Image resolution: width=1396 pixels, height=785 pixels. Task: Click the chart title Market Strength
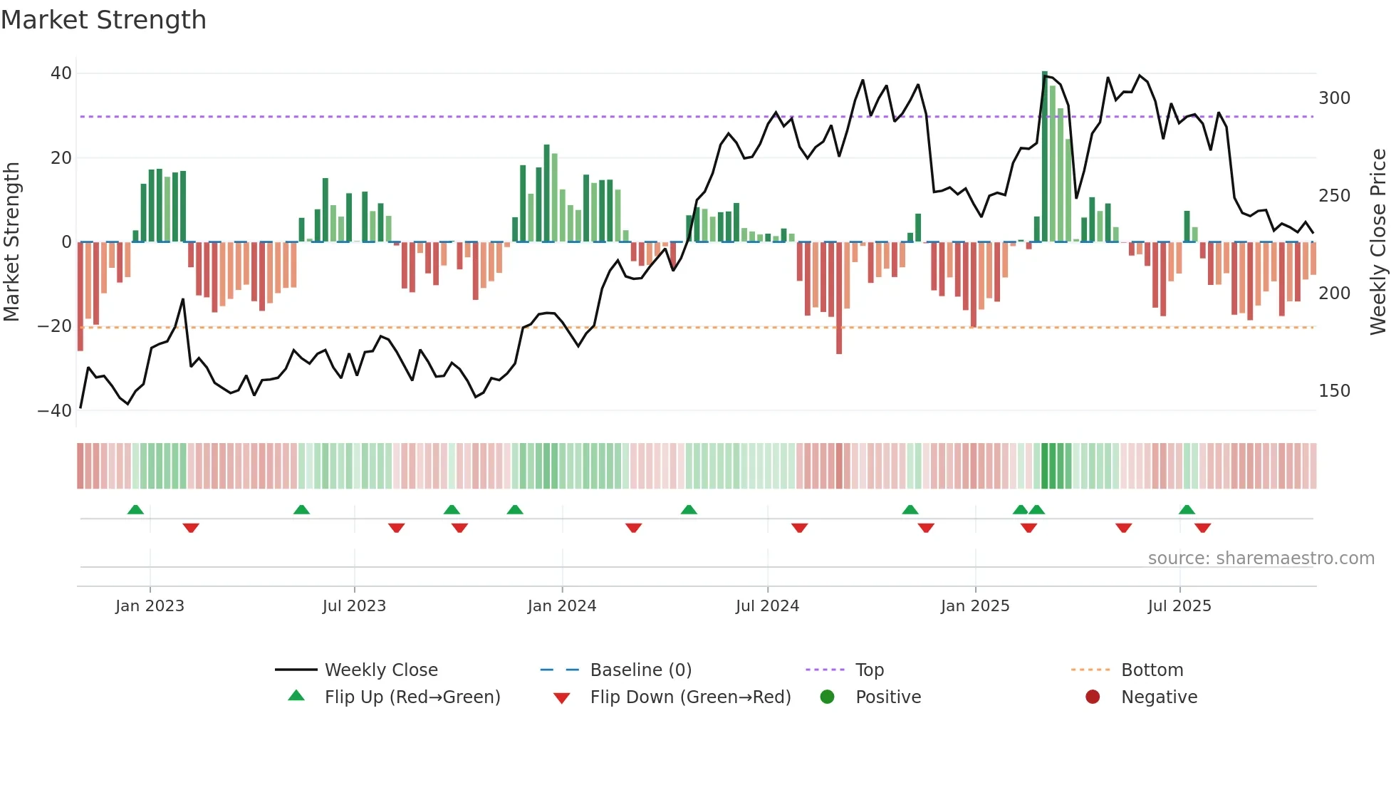pyautogui.click(x=103, y=20)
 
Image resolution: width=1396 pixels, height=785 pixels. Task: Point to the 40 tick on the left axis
pyautogui.click(x=61, y=73)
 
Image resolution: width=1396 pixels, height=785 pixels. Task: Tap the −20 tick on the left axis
pyautogui.click(x=55, y=326)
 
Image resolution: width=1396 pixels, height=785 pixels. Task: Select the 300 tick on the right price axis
pyautogui.click(x=1334, y=98)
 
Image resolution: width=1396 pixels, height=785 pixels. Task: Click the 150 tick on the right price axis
pyautogui.click(x=1334, y=391)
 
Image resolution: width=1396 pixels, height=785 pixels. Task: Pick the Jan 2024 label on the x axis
pyautogui.click(x=562, y=606)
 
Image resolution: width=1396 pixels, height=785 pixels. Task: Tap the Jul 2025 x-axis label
pyautogui.click(x=1179, y=606)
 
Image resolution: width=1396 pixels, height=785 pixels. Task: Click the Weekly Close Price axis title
pyautogui.click(x=1378, y=242)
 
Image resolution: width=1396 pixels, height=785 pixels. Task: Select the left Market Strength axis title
pyautogui.click(x=11, y=242)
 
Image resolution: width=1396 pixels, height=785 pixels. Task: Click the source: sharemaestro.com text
pyautogui.click(x=1261, y=558)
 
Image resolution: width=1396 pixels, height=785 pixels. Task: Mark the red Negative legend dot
pyautogui.click(x=1093, y=697)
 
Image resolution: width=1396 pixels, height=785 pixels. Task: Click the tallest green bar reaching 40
pyautogui.click(x=1045, y=157)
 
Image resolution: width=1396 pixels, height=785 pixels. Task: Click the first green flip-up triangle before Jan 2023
pyautogui.click(x=135, y=509)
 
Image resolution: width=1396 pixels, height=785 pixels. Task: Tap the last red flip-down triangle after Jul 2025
pyautogui.click(x=1203, y=528)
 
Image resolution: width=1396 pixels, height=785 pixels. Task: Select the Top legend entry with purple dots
pyautogui.click(x=869, y=670)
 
